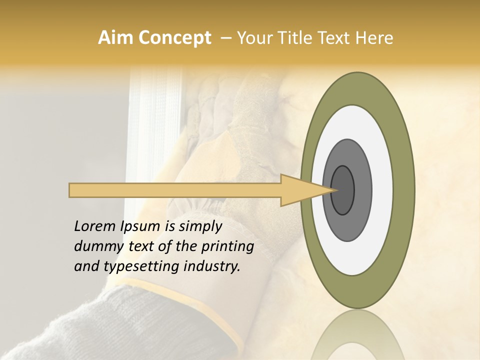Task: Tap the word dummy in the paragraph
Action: (x=97, y=247)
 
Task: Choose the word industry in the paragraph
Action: (x=212, y=266)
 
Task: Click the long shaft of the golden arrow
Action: (x=175, y=190)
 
